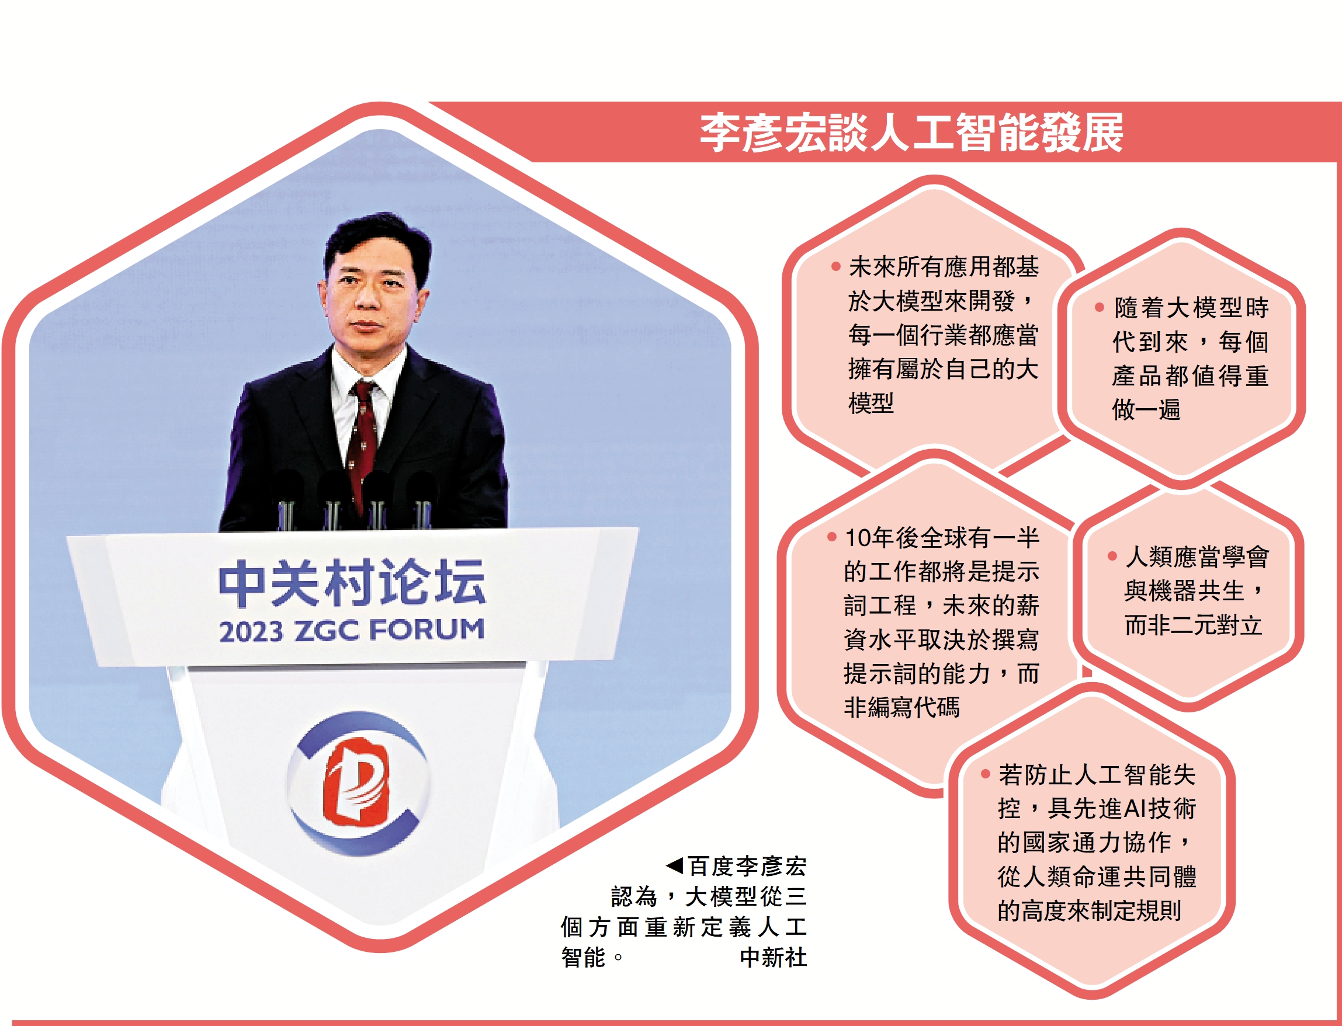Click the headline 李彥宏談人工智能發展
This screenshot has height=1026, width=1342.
(911, 132)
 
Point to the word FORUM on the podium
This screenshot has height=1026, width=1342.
(426, 629)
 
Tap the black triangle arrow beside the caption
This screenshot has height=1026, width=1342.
(675, 865)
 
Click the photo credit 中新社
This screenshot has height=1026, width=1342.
(772, 957)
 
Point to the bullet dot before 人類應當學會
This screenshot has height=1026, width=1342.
(1112, 556)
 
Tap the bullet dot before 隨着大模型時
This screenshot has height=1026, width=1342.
(1100, 307)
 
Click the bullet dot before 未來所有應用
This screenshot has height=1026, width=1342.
(835, 266)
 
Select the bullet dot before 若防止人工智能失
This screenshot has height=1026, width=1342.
(985, 774)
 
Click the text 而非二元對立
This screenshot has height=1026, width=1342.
(1193, 625)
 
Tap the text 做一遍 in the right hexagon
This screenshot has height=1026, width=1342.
(1146, 409)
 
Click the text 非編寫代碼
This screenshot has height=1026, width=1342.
(901, 707)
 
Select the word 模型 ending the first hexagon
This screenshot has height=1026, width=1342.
(871, 403)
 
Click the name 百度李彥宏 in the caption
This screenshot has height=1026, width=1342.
(747, 866)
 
